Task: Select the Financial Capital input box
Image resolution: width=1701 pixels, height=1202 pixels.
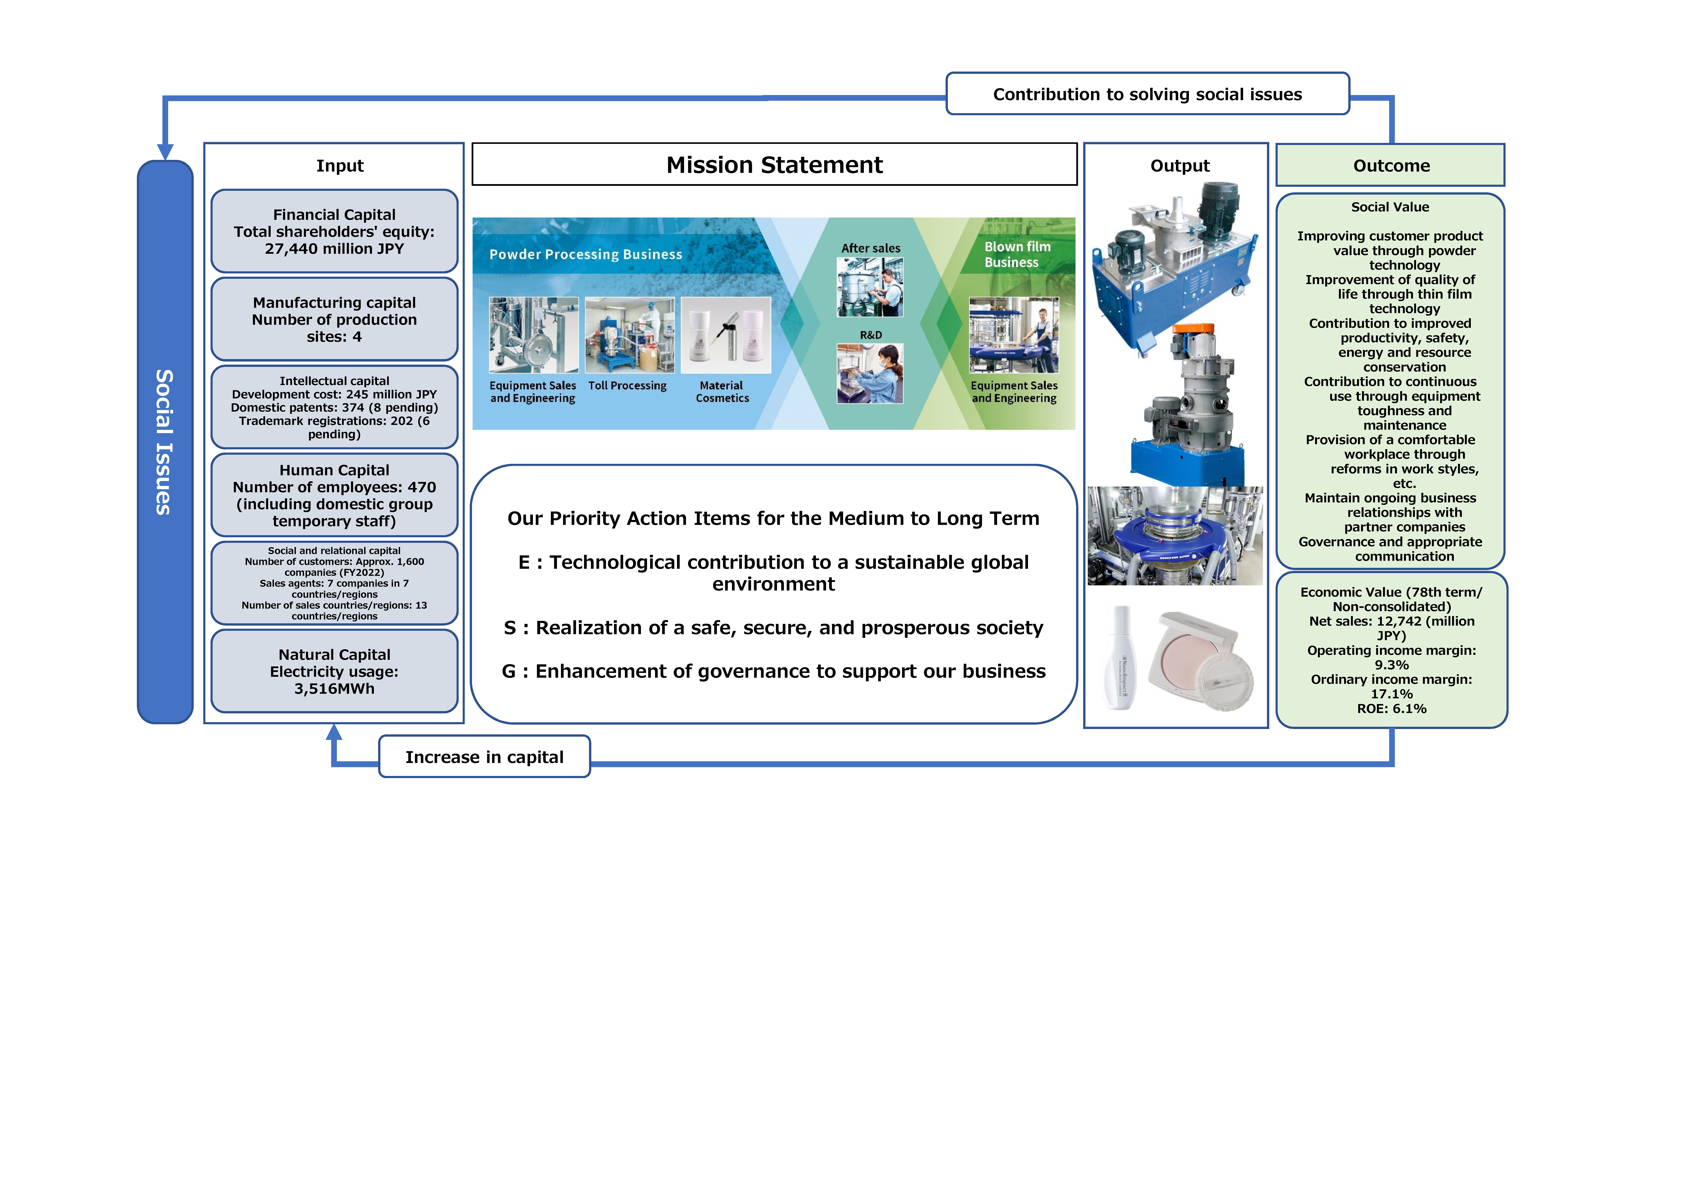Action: click(x=334, y=231)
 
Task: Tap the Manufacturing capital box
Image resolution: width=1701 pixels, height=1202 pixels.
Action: click(x=334, y=319)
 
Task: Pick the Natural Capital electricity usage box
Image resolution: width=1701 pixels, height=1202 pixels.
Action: click(x=334, y=671)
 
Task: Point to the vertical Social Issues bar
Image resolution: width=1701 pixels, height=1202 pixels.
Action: click(x=165, y=442)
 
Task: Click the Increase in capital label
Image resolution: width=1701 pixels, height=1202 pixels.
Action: click(x=485, y=757)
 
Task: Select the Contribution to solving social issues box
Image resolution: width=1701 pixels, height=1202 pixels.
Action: click(x=1147, y=94)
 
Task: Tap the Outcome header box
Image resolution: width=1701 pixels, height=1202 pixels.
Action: click(x=1391, y=165)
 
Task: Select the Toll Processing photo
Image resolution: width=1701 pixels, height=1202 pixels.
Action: click(x=630, y=335)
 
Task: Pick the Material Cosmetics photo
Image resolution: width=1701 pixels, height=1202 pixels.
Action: click(x=726, y=335)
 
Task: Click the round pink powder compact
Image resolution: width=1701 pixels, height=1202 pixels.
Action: click(x=1200, y=659)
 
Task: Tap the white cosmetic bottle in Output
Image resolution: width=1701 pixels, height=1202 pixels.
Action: click(x=1120, y=658)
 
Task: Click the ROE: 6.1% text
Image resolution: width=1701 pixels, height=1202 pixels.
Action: click(x=1391, y=709)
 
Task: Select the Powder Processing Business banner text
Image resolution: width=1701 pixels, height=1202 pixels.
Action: click(x=585, y=254)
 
